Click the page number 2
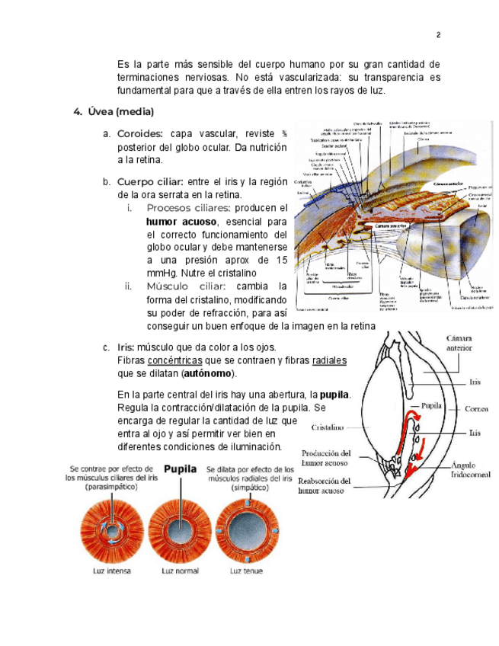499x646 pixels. [439, 35]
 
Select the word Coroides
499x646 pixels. [139, 133]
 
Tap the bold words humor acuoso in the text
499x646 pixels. [181, 221]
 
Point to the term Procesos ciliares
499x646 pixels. [188, 207]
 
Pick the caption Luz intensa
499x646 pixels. [107, 570]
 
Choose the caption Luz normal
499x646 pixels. [181, 570]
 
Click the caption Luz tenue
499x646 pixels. [247, 570]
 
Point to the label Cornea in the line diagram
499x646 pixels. [468, 408]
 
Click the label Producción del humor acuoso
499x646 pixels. [326, 457]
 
